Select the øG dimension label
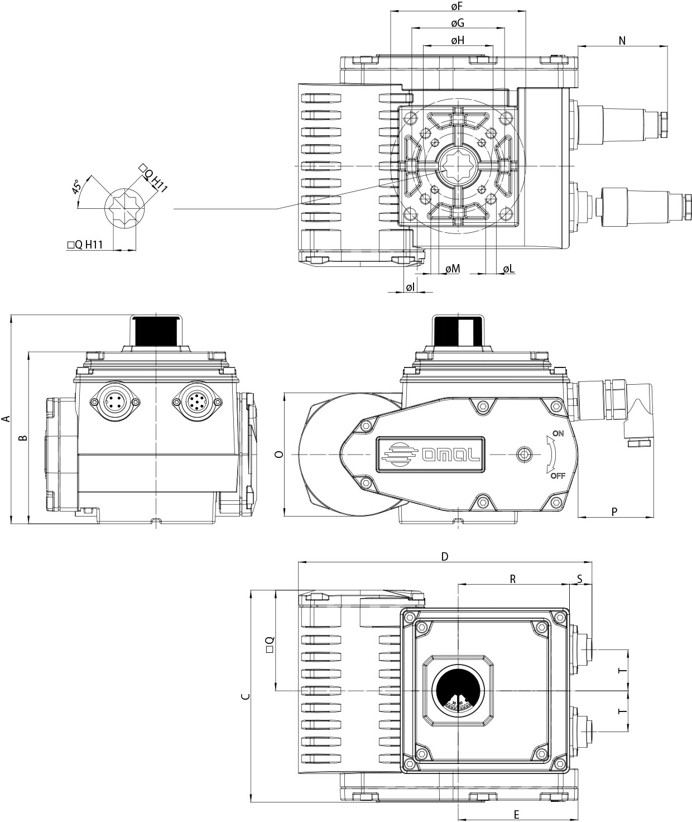(458, 23)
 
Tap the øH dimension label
(458, 40)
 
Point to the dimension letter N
(622, 40)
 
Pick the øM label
(453, 269)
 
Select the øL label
(508, 269)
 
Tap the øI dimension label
(410, 287)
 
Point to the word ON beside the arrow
(558, 433)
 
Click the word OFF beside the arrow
(558, 476)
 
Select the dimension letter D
(445, 556)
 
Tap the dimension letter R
(513, 579)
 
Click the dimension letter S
(580, 579)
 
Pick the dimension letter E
(517, 814)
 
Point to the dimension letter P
(614, 512)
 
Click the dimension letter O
(280, 455)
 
